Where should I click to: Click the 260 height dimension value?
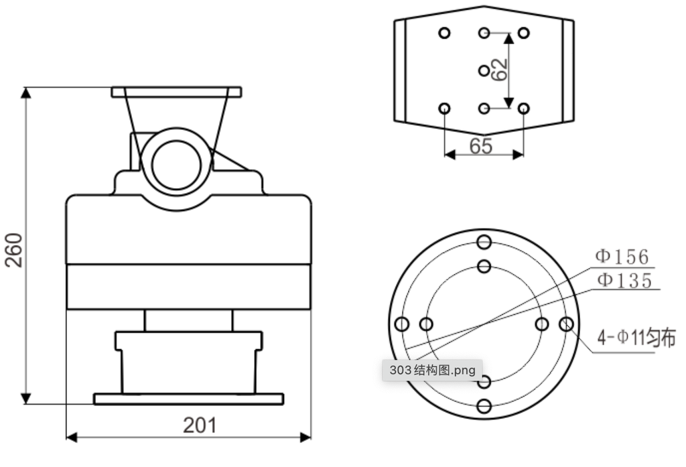click(x=13, y=250)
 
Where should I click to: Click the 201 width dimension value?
click(x=200, y=425)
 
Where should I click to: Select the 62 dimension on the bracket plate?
click(x=499, y=70)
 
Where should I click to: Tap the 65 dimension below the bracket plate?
click(x=481, y=146)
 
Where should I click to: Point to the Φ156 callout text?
click(x=622, y=257)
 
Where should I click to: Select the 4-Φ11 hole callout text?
click(x=636, y=338)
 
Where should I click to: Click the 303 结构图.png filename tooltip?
click(x=432, y=371)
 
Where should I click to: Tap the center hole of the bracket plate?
click(x=484, y=70)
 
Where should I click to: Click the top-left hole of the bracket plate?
click(x=444, y=33)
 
